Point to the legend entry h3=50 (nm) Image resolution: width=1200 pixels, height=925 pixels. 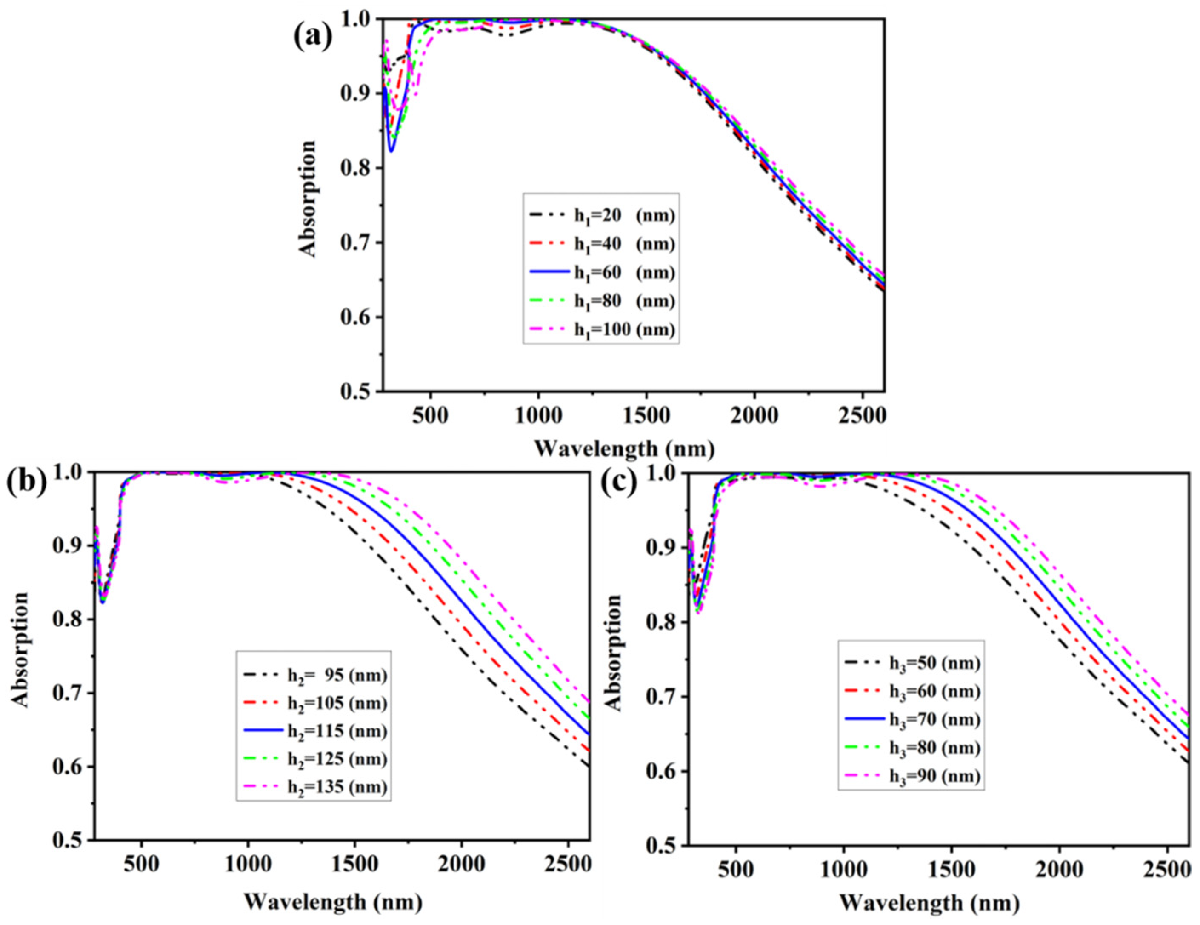point(934,663)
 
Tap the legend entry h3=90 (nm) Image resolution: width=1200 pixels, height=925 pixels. point(934,776)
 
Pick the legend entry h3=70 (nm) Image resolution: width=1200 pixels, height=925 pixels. point(934,719)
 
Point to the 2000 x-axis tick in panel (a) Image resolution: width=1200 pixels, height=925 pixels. point(754,416)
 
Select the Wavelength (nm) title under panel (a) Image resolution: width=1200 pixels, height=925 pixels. point(625,449)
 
